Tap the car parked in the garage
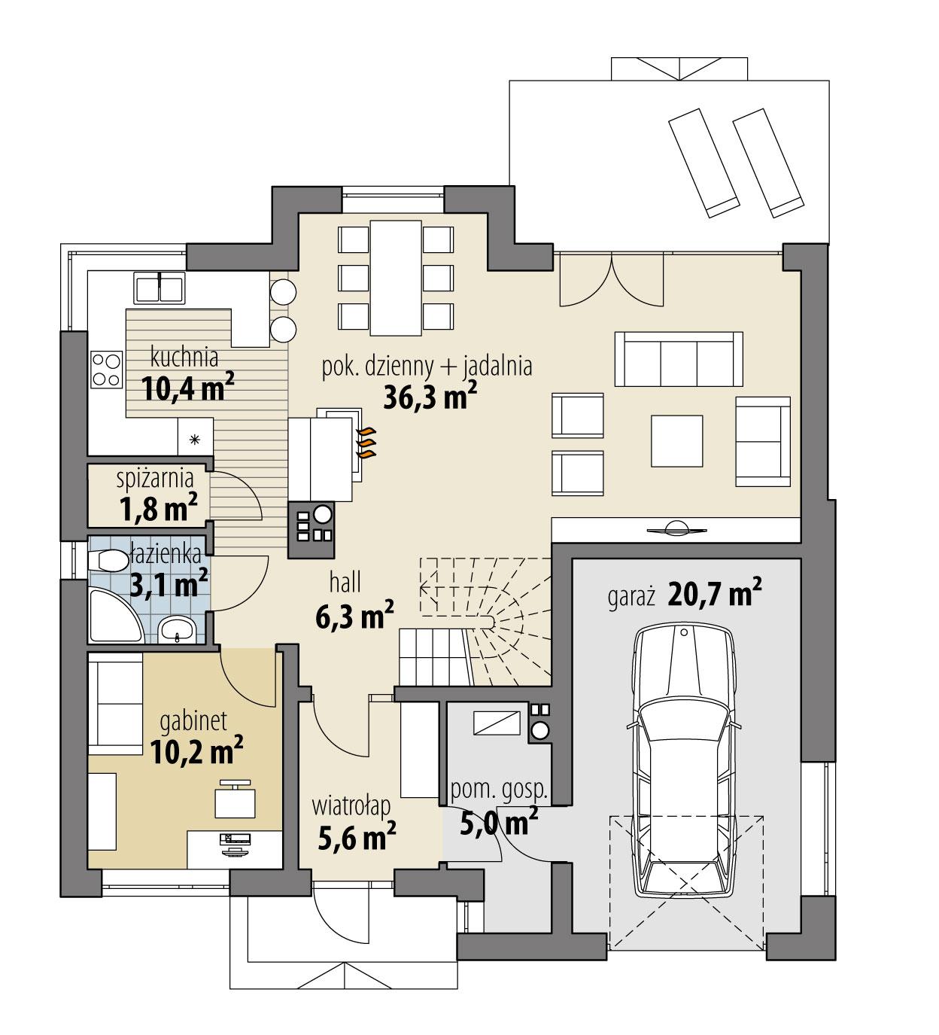click(x=683, y=760)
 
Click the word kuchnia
click(x=184, y=355)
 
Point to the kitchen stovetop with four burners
click(x=107, y=370)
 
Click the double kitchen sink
click(x=160, y=288)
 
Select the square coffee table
click(x=678, y=440)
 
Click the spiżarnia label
click(x=155, y=478)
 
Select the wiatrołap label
click(x=351, y=806)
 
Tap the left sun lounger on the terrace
click(x=699, y=162)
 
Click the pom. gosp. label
click(x=497, y=790)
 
